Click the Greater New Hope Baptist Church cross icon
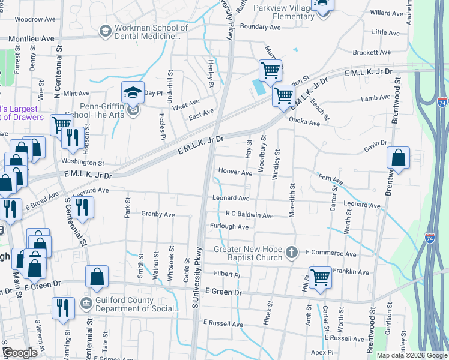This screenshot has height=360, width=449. tap(292, 252)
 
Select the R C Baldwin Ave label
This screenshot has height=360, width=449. tap(250, 215)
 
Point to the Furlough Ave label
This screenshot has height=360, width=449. tap(229, 227)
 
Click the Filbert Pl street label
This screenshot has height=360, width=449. tap(228, 275)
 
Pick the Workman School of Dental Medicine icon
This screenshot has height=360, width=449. tap(106, 30)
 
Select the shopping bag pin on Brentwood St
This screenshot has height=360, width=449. tap(398, 158)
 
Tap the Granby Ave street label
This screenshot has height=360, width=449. tap(158, 214)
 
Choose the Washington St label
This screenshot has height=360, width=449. tap(85, 163)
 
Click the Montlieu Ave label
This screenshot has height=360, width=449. tap(31, 38)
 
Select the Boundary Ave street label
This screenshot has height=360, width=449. tap(260, 27)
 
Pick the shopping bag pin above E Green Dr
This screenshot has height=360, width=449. tap(97, 278)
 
